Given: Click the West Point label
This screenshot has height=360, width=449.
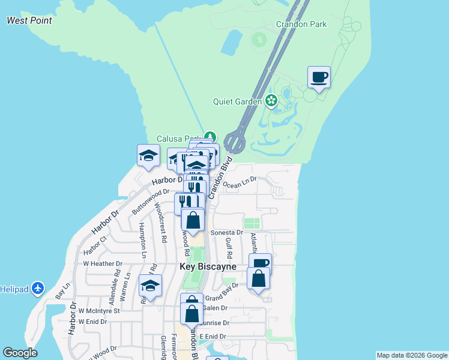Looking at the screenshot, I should (29, 20).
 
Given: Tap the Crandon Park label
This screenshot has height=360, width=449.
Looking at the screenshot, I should (301, 24).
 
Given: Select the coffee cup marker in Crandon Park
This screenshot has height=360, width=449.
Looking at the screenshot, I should (319, 77).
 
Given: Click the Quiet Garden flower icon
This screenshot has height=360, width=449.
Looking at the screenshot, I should (272, 101).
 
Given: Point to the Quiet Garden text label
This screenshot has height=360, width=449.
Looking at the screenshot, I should (237, 101).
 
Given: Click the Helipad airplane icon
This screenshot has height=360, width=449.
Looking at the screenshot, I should (38, 289).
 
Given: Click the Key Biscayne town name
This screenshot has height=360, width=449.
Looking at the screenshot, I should (208, 266).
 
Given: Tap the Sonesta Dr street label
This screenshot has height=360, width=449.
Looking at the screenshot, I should (226, 232).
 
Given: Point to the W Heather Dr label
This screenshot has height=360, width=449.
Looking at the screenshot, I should (103, 263).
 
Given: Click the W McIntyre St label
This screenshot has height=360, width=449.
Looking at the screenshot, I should (100, 311).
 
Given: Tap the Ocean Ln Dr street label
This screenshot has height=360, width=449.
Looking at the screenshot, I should (240, 182).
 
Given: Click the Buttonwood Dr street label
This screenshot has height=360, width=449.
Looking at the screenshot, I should (151, 200).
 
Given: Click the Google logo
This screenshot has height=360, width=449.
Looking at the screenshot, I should (20, 353).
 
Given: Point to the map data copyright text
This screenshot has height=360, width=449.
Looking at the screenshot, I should (412, 355).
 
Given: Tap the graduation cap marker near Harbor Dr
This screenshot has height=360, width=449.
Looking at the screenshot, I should (148, 156).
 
